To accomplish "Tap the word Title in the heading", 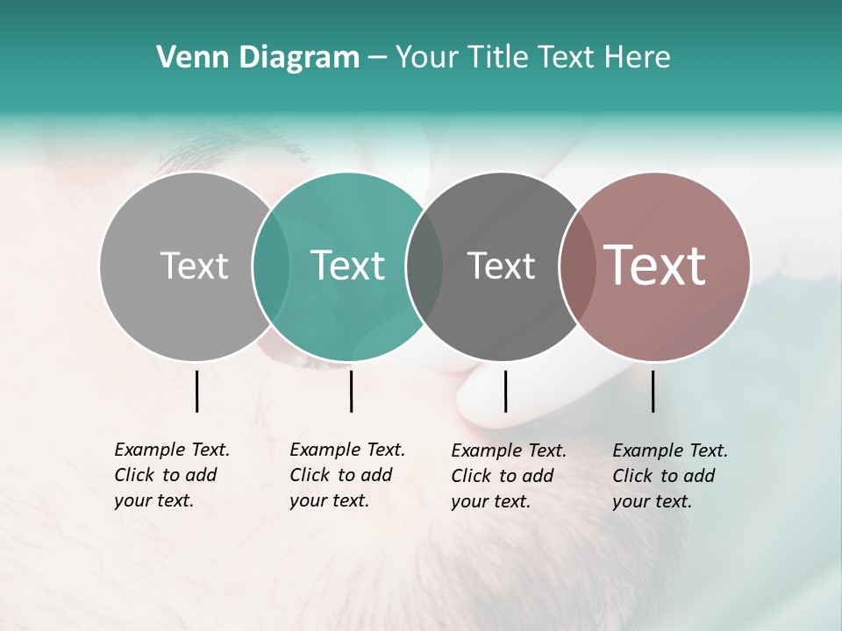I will tap(497, 58).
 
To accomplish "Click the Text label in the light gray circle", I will tap(194, 266).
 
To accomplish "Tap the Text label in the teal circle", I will tap(347, 266).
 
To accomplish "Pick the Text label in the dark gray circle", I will tap(501, 266).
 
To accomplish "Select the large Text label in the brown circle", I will tap(654, 266).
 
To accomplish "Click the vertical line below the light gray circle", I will tap(197, 391).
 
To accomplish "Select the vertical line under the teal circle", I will tap(351, 391).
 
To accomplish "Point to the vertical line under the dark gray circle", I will tap(505, 391).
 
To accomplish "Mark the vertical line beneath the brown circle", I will tap(653, 391).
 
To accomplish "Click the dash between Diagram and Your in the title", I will tap(377, 58).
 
